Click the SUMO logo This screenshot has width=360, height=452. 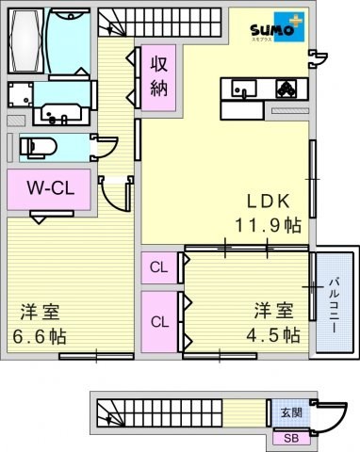[x=278, y=27]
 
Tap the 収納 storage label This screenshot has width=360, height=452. [x=159, y=77]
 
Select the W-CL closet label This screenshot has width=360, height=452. [x=51, y=188]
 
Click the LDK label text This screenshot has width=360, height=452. [x=268, y=202]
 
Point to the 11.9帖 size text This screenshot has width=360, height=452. [x=269, y=225]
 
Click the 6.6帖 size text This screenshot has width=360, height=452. [x=40, y=336]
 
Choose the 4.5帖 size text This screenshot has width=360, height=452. [x=273, y=335]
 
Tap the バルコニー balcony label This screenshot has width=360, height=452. [x=335, y=305]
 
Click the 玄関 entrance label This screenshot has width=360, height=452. [x=291, y=412]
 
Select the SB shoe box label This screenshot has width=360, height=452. [x=291, y=438]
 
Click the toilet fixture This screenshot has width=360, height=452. [x=38, y=147]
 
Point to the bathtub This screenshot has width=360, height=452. [x=26, y=40]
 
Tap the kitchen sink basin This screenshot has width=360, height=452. [x=244, y=89]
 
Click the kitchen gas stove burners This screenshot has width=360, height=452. [x=286, y=89]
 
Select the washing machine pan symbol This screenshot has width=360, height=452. [x=21, y=94]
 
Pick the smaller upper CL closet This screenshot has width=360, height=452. [x=159, y=267]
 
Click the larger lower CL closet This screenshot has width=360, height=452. [x=159, y=322]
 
